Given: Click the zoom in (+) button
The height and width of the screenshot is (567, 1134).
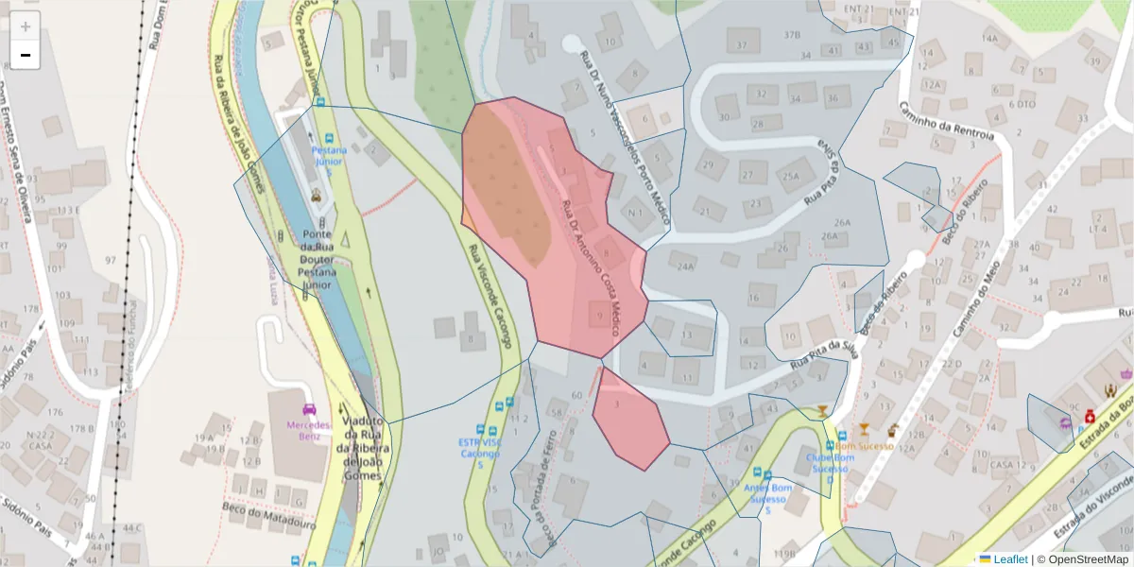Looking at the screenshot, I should (26, 26).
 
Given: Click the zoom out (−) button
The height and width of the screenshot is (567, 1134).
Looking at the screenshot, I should (26, 55).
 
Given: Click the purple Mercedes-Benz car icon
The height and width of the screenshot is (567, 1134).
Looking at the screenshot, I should (309, 410).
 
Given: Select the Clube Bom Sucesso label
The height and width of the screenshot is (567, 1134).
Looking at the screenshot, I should (831, 463).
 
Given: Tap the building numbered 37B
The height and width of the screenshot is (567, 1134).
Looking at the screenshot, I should (791, 35).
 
